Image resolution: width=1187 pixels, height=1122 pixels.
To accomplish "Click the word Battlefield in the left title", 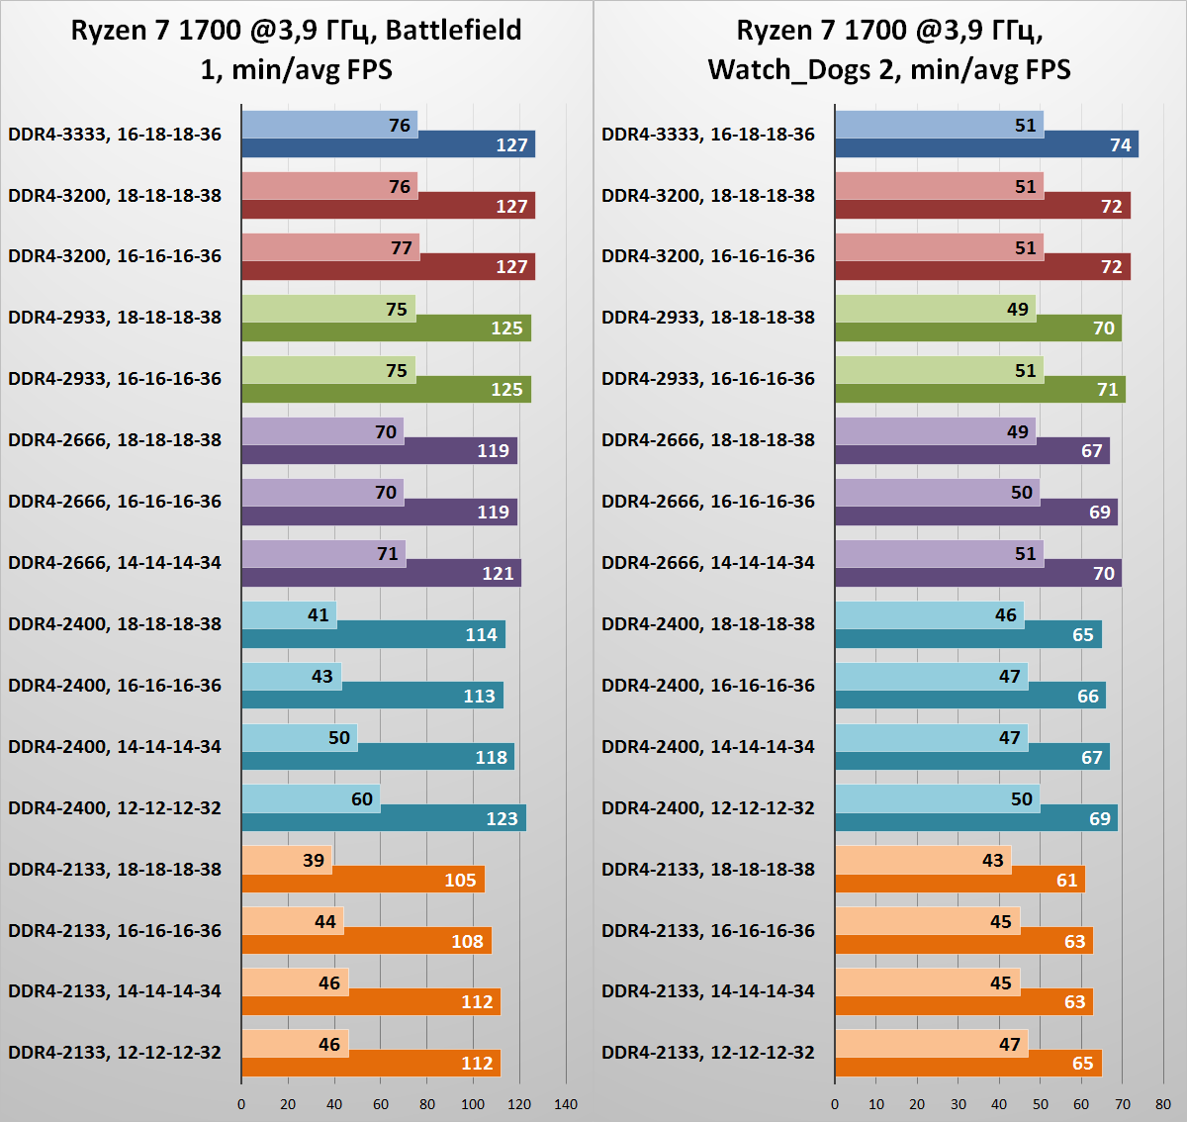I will pos(453,31).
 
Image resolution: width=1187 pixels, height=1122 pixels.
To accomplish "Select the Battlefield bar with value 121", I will pos(381,574).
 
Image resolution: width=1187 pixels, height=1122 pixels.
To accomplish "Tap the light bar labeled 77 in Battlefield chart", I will pos(330,247).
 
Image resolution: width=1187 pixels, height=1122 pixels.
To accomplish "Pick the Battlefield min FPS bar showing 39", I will pos(287,860).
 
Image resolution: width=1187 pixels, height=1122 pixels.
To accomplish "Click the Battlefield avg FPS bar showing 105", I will pos(363,881).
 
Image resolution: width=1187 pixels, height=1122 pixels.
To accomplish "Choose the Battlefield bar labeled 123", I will pos(384,818).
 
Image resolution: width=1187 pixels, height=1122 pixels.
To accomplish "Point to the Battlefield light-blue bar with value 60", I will pos(311,798).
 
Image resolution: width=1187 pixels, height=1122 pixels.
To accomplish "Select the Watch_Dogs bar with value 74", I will pos(986,144).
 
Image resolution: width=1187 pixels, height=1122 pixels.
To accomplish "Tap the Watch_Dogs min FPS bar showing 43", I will pos(923,860).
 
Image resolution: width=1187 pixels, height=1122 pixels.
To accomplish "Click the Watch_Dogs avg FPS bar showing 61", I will pos(959,881).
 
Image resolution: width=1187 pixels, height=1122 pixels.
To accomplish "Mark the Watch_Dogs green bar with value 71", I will pos(980,390).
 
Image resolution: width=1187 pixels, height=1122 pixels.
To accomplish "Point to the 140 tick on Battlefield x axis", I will pos(566,1104).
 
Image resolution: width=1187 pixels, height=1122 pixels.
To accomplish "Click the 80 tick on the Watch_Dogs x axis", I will pos(1163,1104).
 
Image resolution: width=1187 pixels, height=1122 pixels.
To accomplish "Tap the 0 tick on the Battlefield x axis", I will pos(241,1104).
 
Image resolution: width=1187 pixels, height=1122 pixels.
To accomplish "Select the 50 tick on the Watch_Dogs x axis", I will pos(1041,1104).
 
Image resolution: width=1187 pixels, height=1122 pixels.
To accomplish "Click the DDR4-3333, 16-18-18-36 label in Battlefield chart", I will pos(115,135).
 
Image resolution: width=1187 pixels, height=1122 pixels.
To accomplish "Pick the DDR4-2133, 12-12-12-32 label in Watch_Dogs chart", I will pos(708,1053).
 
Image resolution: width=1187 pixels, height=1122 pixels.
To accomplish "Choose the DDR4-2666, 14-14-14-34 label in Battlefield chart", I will pos(115,563).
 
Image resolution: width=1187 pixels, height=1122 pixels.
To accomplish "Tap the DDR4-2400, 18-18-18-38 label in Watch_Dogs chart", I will pos(708,624).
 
